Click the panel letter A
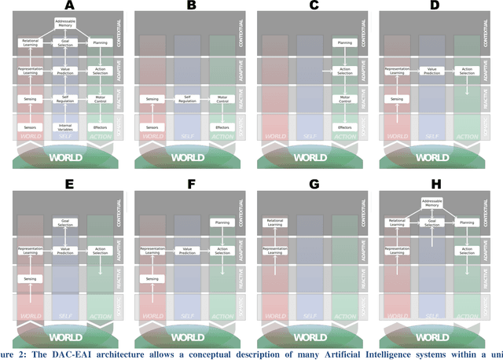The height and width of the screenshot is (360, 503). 66,6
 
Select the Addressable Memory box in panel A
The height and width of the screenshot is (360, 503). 66,24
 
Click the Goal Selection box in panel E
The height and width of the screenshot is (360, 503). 66,222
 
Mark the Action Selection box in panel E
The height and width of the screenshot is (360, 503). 100,252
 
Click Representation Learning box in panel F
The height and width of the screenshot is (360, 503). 153,252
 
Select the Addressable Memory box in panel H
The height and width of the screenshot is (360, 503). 435,204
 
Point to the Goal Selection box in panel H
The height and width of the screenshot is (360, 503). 435,222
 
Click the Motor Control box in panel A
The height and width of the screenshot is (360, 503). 100,100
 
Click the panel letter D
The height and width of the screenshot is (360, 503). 435,6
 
